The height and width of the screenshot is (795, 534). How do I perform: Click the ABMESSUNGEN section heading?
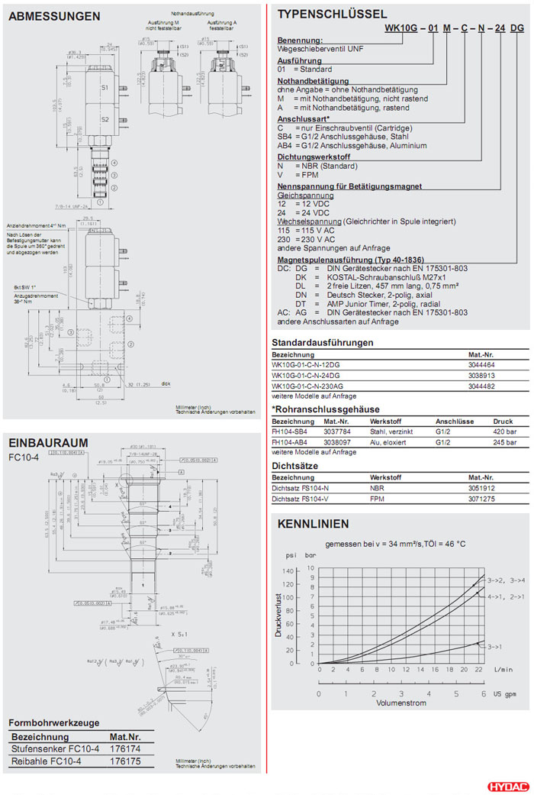point(54,16)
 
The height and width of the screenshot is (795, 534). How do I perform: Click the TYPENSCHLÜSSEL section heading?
point(332,14)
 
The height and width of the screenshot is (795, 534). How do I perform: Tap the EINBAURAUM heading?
point(48,443)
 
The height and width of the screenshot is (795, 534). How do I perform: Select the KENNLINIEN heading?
point(313,524)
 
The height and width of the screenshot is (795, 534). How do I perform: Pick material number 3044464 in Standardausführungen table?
point(482,365)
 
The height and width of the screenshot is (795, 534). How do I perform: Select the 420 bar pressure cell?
point(503,430)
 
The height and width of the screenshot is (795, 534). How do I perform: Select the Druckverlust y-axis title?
point(279,615)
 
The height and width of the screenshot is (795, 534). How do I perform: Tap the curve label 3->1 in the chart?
point(494,646)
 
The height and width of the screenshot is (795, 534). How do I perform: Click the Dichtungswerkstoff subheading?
point(315,157)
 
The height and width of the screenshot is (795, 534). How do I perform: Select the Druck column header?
point(503,421)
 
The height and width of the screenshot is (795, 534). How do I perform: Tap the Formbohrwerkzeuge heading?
point(53,722)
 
